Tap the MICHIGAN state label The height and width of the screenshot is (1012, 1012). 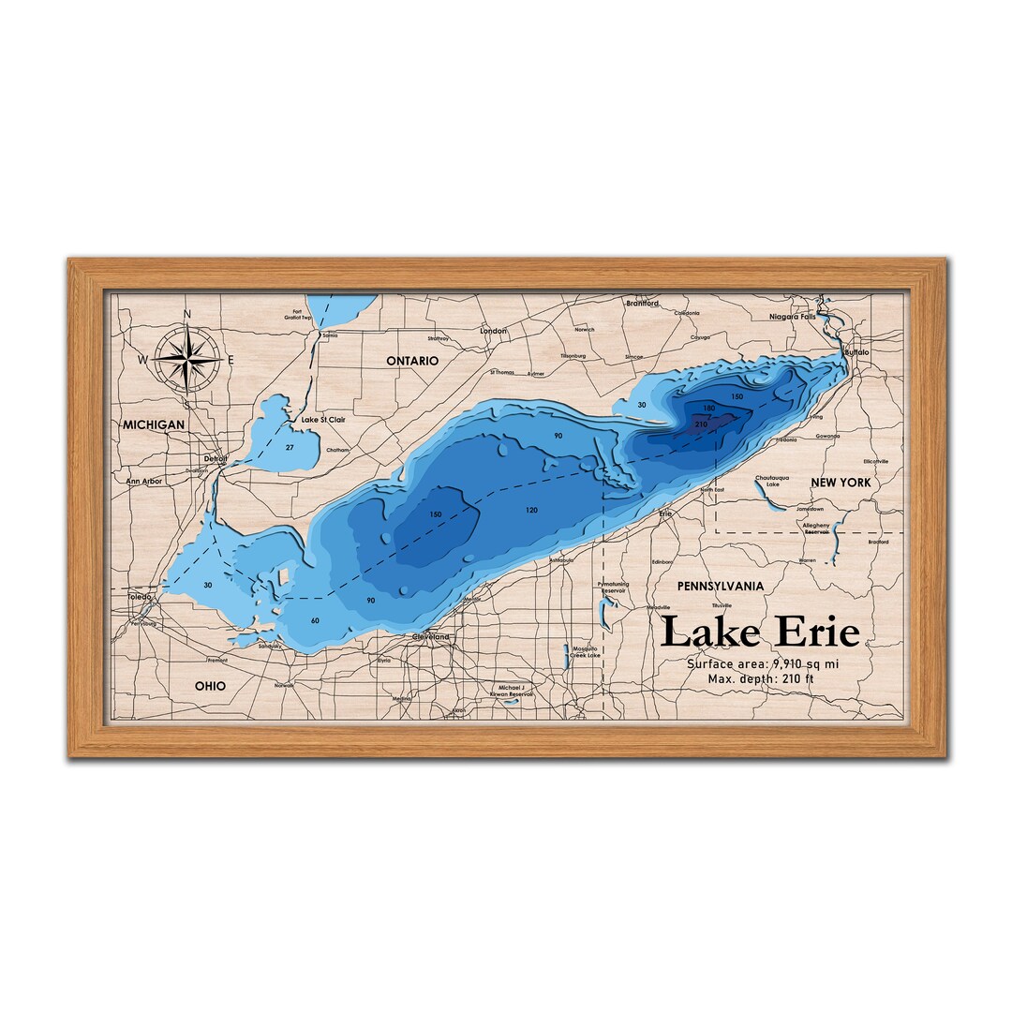click(x=154, y=425)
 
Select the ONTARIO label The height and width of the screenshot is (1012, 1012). click(x=412, y=361)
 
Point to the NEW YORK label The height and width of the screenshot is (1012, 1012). click(x=841, y=483)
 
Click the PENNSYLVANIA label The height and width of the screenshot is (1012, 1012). click(x=720, y=586)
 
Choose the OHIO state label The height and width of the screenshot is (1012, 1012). click(x=210, y=686)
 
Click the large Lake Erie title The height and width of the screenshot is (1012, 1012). click(x=759, y=632)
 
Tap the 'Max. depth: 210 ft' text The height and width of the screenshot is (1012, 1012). click(x=761, y=678)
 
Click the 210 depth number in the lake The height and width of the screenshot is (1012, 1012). click(x=701, y=424)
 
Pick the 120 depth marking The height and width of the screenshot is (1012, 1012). click(x=532, y=510)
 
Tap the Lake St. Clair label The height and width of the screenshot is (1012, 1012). click(x=322, y=420)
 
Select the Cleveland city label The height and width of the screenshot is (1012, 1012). click(x=431, y=637)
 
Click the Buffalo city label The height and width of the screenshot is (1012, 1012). click(x=856, y=352)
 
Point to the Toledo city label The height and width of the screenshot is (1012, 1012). click(x=139, y=596)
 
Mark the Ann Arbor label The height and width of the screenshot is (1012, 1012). click(x=144, y=482)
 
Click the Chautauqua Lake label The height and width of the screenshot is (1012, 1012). click(x=773, y=481)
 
